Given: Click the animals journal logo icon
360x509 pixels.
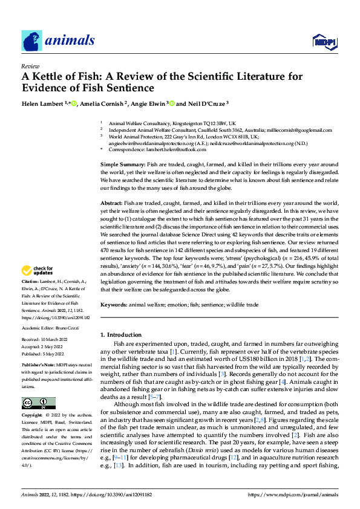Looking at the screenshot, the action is click(31, 41).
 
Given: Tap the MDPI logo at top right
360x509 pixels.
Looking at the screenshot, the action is click(324, 41).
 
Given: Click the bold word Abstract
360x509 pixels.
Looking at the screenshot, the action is click(111, 203).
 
